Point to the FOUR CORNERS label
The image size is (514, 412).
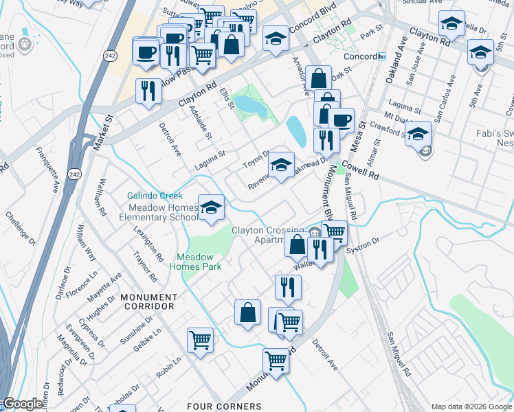point(224,407)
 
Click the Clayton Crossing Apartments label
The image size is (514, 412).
point(267,235)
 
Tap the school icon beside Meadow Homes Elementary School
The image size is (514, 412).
point(212,207)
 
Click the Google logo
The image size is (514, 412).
point(23,404)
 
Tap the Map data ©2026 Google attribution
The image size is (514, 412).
point(471,407)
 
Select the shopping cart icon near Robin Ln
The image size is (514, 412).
point(200,339)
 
